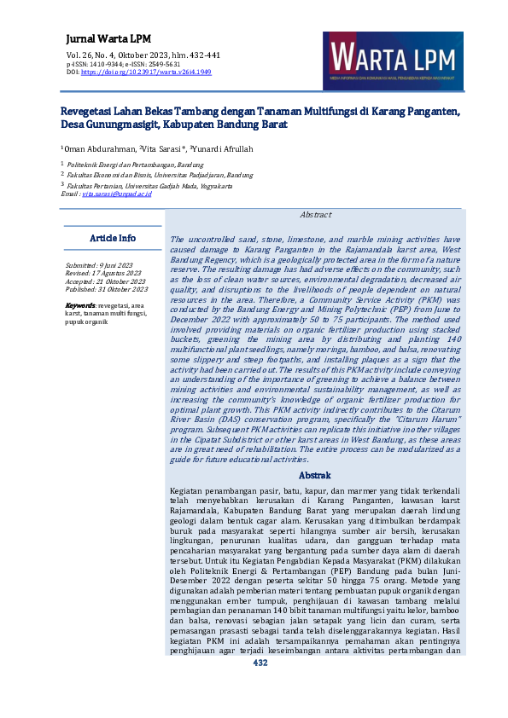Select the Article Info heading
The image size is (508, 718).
[113, 238]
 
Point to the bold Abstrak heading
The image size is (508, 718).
[316, 475]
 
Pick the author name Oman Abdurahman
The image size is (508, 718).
[101, 150]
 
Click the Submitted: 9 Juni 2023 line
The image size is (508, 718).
[100, 266]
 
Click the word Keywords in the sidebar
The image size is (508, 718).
[80, 304]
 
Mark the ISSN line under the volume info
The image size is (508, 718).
[123, 64]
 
